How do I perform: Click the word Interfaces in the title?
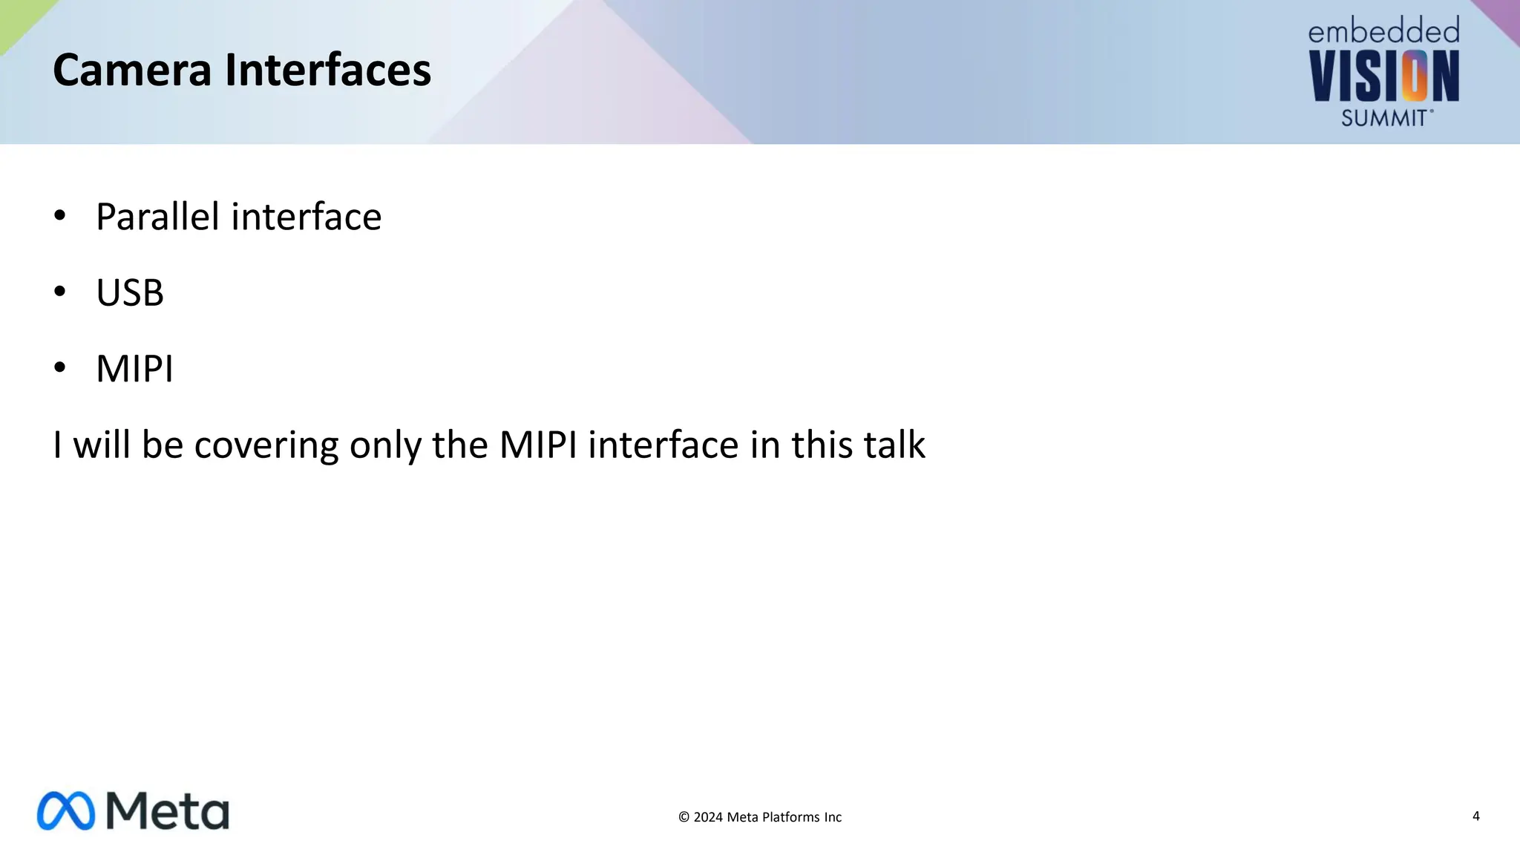tap(327, 70)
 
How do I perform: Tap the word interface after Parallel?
tap(307, 217)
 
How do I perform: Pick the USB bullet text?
tap(130, 292)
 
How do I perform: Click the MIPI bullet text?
tap(134, 369)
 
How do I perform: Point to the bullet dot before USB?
tap(60, 292)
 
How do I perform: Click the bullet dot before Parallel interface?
tap(60, 216)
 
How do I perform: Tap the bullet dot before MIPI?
tap(60, 367)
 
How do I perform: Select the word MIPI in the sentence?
tap(538, 445)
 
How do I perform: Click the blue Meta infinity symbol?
tap(66, 810)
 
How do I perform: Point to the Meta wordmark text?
tap(168, 810)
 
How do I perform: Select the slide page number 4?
tap(1475, 816)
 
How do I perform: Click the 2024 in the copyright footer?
tap(708, 817)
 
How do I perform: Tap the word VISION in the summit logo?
tap(1383, 76)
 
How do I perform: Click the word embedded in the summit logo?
tap(1383, 32)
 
